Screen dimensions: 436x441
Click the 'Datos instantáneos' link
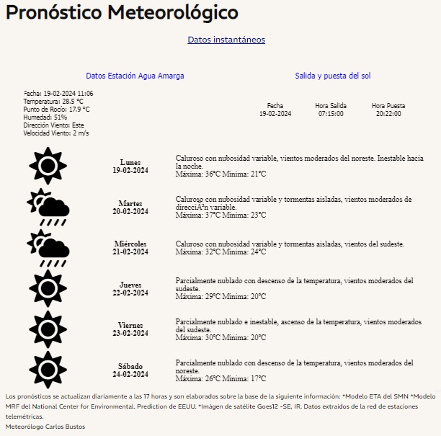pos(226,40)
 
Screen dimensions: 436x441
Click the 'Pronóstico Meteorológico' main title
pos(122,13)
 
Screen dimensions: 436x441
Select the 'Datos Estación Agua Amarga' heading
pos(135,76)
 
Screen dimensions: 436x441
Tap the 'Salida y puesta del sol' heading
pos(333,76)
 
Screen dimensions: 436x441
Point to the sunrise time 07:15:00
pos(331,114)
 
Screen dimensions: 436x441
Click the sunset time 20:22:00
pos(389,114)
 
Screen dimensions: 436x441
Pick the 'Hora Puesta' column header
pos(388,106)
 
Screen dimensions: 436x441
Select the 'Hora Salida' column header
pos(331,106)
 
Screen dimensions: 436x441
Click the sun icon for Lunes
pos(48,166)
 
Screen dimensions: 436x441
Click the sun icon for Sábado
pos(48,370)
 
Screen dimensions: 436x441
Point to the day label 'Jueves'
pos(130,285)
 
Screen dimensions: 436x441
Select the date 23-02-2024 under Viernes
pos(130,334)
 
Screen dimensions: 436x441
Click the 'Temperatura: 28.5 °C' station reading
pos(53,102)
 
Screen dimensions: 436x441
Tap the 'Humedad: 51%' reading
pos(45,117)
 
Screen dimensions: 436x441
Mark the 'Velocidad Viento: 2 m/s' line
pos(56,133)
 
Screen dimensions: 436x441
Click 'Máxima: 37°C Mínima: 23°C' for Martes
pos(220,215)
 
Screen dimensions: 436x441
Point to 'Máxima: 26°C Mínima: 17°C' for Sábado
pos(220,378)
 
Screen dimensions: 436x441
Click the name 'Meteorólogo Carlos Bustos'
pos(45,427)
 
